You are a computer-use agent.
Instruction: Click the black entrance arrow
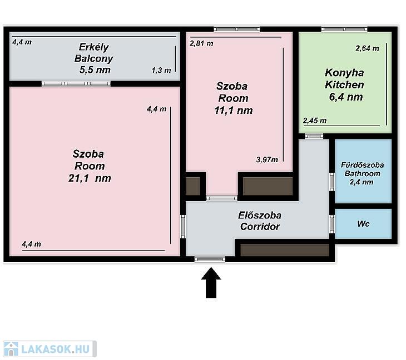[211, 282]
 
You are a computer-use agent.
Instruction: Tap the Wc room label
[363, 224]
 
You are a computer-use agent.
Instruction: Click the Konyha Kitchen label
[344, 79]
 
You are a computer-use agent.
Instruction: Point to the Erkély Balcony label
[93, 53]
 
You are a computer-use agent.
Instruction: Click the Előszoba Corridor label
[260, 221]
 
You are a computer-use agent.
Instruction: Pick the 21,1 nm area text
[90, 178]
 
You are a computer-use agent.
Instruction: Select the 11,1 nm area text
[233, 111]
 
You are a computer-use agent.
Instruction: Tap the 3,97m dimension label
[267, 159]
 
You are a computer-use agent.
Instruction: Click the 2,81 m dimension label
[201, 43]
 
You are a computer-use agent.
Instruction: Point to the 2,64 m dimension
[367, 48]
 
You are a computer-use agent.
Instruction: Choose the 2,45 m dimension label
[315, 121]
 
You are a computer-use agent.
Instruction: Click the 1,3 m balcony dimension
[161, 71]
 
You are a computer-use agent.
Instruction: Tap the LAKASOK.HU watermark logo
[49, 349]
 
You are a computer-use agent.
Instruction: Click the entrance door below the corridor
[210, 259]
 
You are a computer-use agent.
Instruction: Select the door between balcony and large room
[76, 83]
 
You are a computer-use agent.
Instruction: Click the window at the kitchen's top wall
[344, 29]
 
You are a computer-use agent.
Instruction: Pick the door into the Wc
[332, 224]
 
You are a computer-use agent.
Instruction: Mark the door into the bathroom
[332, 182]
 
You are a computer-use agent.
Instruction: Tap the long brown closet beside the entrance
[285, 250]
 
